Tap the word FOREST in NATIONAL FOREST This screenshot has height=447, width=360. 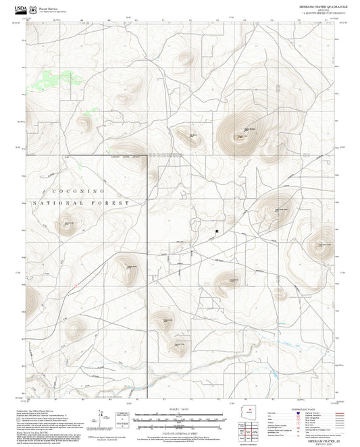(113, 203)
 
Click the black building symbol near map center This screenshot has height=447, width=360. (216, 231)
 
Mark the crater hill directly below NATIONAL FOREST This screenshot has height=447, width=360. (68, 226)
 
